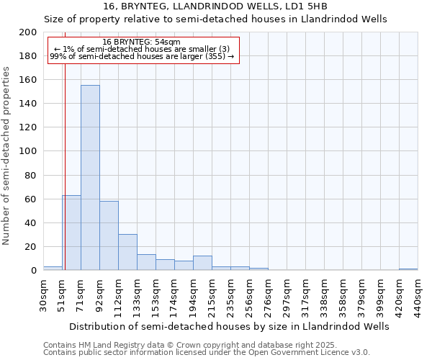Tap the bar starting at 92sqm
(109, 235)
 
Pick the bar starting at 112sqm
(127, 252)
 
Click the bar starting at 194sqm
(202, 263)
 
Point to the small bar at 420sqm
(408, 269)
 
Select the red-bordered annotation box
(142, 49)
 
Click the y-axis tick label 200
(28, 32)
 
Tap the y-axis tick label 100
(28, 151)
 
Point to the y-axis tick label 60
(31, 199)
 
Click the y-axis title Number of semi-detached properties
(7, 156)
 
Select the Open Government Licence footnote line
(207, 353)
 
